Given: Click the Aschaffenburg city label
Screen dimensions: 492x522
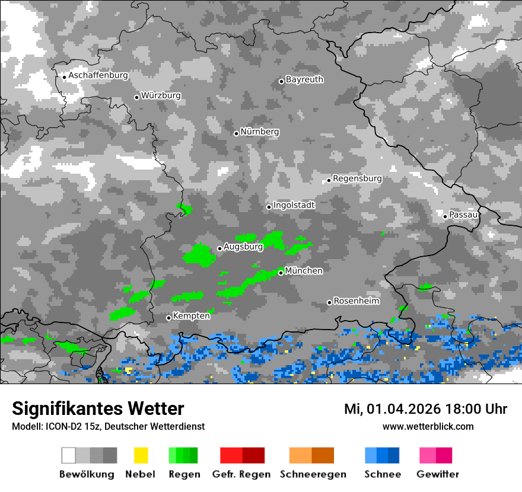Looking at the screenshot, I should pos(98,76).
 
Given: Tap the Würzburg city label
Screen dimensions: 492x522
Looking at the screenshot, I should pos(161,95).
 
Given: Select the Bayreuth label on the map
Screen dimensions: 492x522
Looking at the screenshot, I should pos(304,79).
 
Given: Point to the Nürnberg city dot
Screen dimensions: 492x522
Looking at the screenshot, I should pos(236,133).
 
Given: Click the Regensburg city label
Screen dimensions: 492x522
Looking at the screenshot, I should pos(357,178).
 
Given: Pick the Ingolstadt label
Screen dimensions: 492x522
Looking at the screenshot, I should pos(294,205).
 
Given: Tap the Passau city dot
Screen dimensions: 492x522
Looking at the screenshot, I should pos(445,216).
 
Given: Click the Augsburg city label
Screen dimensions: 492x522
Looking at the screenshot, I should pos(243,247).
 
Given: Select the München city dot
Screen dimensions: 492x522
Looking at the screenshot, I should pos(281,273).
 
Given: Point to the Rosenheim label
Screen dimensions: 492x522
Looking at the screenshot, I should pos(357,301).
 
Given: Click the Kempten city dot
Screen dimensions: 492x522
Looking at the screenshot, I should pos(168,318).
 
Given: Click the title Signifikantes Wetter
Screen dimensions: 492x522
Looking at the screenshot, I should pos(98,408).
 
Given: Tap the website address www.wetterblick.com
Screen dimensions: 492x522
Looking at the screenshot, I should pos(428,426).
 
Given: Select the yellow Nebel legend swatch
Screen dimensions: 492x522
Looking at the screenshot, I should pos(141,455).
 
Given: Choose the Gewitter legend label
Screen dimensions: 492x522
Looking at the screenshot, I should pos(438,474).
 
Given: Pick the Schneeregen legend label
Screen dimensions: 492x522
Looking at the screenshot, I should pos(313,474).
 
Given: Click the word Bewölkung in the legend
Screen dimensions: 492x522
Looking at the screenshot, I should pos(87,474).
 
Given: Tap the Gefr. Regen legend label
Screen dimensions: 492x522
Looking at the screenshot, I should pos(241,474).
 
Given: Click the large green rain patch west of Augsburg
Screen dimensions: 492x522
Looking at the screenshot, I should pos(198,255).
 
